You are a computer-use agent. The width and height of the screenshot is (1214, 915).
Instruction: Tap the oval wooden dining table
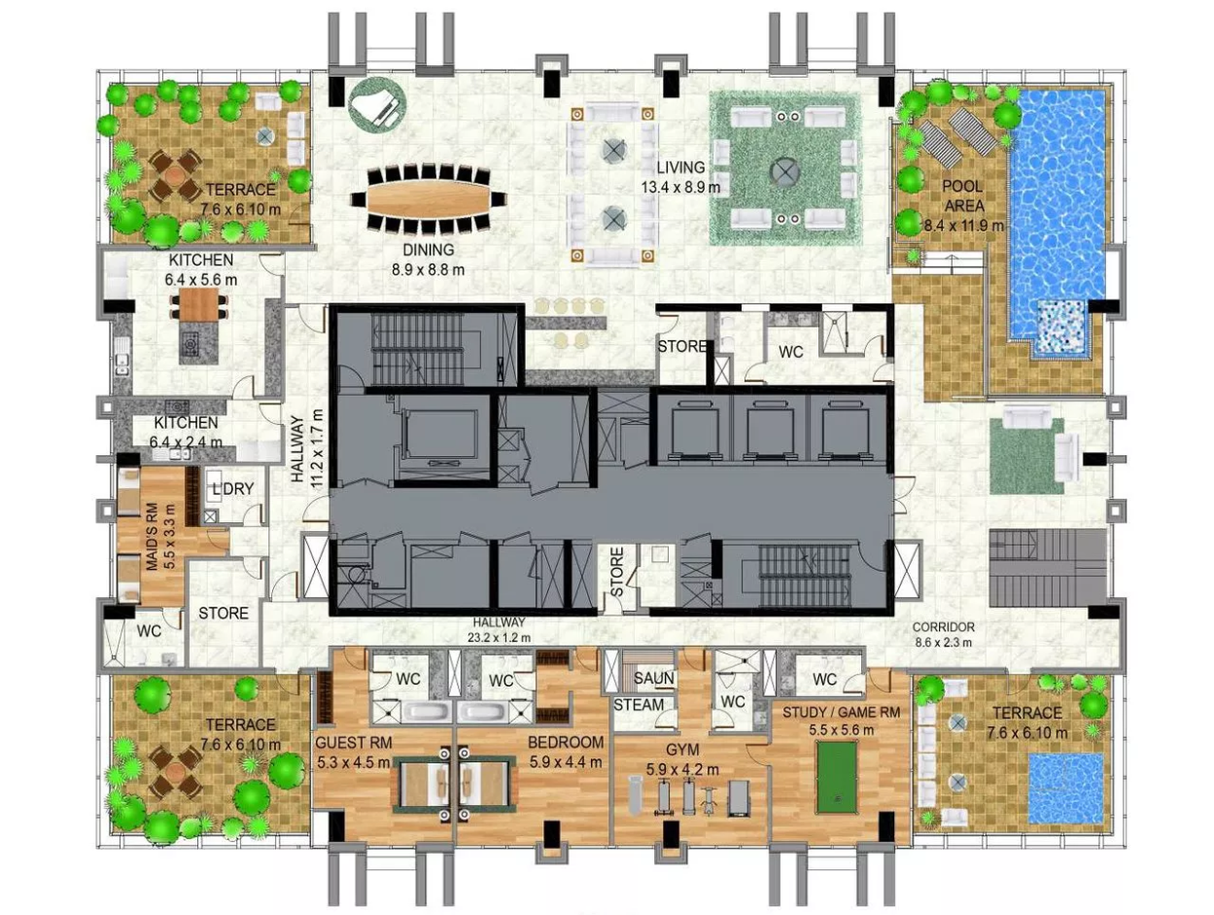pyautogui.click(x=428, y=197)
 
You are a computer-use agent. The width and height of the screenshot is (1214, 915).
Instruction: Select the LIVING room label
pyautogui.click(x=680, y=166)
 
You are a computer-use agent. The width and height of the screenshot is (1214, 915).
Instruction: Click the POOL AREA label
pyautogui.click(x=963, y=195)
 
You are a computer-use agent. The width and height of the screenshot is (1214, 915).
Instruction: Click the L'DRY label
pyautogui.click(x=233, y=488)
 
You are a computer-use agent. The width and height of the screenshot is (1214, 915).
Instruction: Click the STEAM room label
pyautogui.click(x=639, y=704)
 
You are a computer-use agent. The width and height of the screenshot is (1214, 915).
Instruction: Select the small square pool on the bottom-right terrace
pyautogui.click(x=1064, y=788)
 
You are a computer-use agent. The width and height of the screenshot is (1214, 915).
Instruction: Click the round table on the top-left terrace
pyautogui.click(x=174, y=175)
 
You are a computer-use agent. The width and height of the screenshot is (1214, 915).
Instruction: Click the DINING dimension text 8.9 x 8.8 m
pyautogui.click(x=428, y=270)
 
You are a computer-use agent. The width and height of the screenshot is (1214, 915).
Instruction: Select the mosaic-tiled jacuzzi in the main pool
pyautogui.click(x=1060, y=327)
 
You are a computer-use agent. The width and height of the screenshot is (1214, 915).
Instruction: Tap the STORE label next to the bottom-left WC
pyautogui.click(x=223, y=613)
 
